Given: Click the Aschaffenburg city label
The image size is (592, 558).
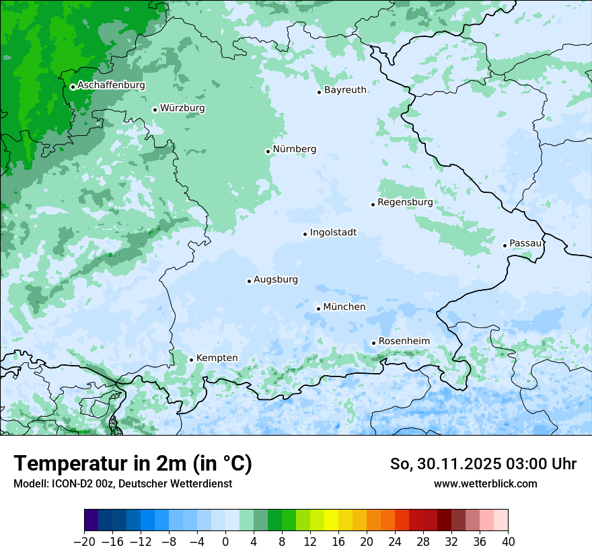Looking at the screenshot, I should [x=111, y=85].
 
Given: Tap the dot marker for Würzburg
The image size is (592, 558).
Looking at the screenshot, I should [x=155, y=110].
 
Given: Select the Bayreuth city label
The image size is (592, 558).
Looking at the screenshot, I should [x=345, y=90].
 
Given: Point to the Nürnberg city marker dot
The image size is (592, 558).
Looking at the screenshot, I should [x=268, y=151].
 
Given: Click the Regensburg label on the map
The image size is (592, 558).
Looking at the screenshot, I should [x=405, y=202].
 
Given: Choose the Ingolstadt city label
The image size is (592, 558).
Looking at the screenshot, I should [x=333, y=233].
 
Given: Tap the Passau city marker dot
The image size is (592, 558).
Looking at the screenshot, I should [x=505, y=245].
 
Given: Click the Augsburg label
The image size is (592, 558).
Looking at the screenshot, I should [x=276, y=280].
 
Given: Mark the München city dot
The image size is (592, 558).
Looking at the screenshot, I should [x=318, y=309].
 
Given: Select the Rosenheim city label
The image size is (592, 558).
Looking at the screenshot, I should [x=404, y=342].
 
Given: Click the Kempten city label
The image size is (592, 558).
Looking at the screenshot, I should [x=217, y=358].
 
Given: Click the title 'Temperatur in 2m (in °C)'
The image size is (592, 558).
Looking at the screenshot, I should [x=133, y=463].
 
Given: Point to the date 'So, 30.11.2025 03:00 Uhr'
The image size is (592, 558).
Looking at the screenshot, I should [x=483, y=464].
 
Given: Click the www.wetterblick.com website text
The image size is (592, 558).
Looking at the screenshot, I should [x=485, y=483].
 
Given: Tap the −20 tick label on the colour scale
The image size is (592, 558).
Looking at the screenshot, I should [x=84, y=542].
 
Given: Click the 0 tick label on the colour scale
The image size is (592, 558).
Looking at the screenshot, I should [x=225, y=542].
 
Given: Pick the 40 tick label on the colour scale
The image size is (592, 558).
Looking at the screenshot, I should [x=508, y=542].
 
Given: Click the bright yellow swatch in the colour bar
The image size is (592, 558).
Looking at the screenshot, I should [x=332, y=520].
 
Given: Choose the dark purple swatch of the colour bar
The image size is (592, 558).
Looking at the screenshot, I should [x=91, y=520].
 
